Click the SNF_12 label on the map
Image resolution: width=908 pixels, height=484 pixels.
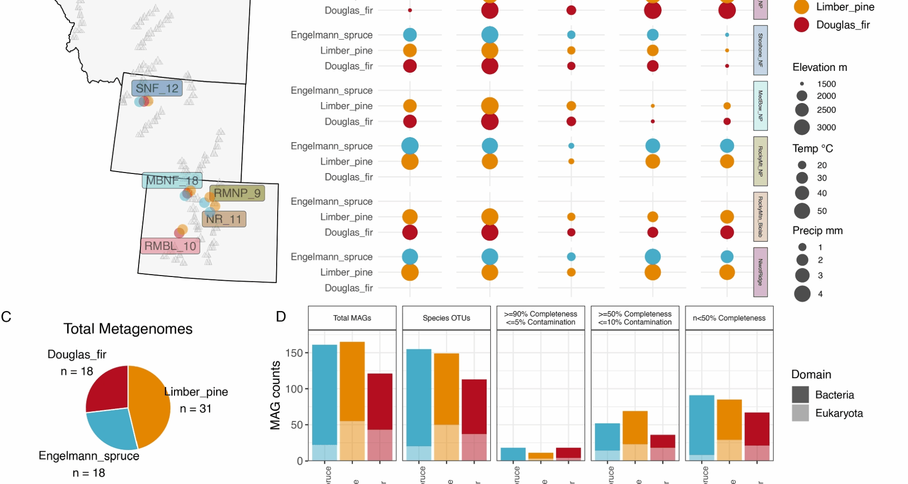tap(157, 88)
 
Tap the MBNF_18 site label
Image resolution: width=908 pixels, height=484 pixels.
tap(172, 181)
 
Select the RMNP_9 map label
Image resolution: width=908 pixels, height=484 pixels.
tap(237, 193)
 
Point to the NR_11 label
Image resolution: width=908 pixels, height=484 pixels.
tap(224, 219)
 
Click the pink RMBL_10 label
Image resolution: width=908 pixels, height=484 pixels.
tap(170, 246)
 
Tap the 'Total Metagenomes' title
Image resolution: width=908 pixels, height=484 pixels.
tap(128, 329)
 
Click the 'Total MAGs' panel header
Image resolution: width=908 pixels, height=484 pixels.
tap(352, 318)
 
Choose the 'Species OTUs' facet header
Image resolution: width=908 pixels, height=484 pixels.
tap(446, 318)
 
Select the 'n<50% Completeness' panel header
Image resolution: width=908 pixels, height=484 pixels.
tap(729, 318)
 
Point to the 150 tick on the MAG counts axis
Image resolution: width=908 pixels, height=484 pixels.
tap(294, 353)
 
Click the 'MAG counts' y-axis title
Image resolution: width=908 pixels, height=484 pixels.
tap(275, 395)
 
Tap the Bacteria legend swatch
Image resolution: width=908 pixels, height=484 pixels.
tap(800, 395)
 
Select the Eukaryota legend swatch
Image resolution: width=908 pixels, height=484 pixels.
tap(800, 413)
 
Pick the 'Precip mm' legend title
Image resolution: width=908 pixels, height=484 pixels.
tap(817, 231)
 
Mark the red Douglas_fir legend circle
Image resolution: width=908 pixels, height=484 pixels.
tap(802, 25)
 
